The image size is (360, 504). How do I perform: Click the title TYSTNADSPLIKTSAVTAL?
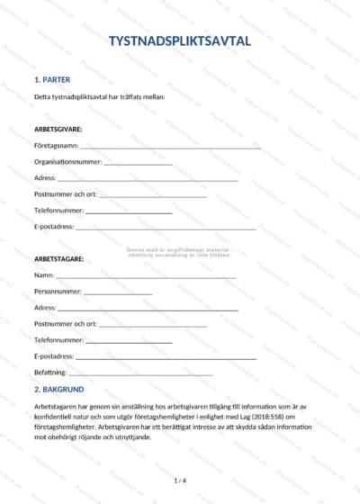[180, 41]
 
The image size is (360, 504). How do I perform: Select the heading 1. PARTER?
[52, 79]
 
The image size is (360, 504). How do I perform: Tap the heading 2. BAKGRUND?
[59, 390]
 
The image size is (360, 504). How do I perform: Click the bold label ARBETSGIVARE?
[58, 129]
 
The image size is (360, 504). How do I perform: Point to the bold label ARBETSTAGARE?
[59, 259]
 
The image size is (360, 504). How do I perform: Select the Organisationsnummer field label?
[67, 162]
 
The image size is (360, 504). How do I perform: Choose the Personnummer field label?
[58, 292]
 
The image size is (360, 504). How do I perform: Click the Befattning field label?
[50, 373]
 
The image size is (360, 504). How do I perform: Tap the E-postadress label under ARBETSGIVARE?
[54, 227]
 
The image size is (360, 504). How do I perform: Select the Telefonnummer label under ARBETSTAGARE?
[58, 340]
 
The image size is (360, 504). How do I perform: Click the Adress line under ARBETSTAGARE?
[148, 310]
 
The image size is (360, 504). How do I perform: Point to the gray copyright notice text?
[180, 251]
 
